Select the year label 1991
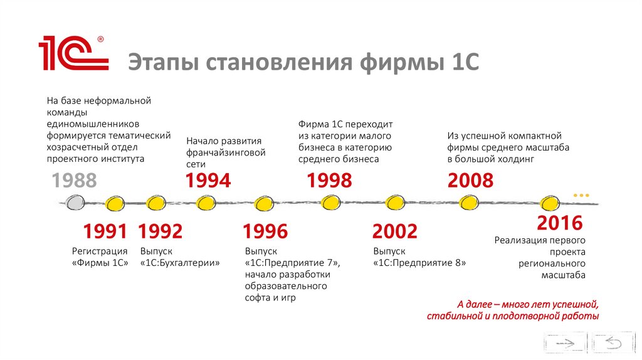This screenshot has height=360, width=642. [x=105, y=231]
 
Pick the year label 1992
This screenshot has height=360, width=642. [x=160, y=231]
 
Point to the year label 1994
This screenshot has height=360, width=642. [x=208, y=181]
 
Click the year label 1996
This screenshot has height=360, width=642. [x=266, y=231]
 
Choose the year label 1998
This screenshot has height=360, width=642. [x=329, y=181]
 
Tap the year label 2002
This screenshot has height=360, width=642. [x=395, y=231]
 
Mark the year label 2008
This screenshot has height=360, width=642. [x=471, y=181]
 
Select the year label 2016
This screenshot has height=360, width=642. [x=560, y=223]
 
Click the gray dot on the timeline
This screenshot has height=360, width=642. [x=74, y=203]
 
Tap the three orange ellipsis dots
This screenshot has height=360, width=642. [x=582, y=196]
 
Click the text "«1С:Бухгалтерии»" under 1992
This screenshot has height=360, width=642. [x=180, y=263]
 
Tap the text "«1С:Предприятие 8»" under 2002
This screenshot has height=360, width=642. [x=419, y=263]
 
